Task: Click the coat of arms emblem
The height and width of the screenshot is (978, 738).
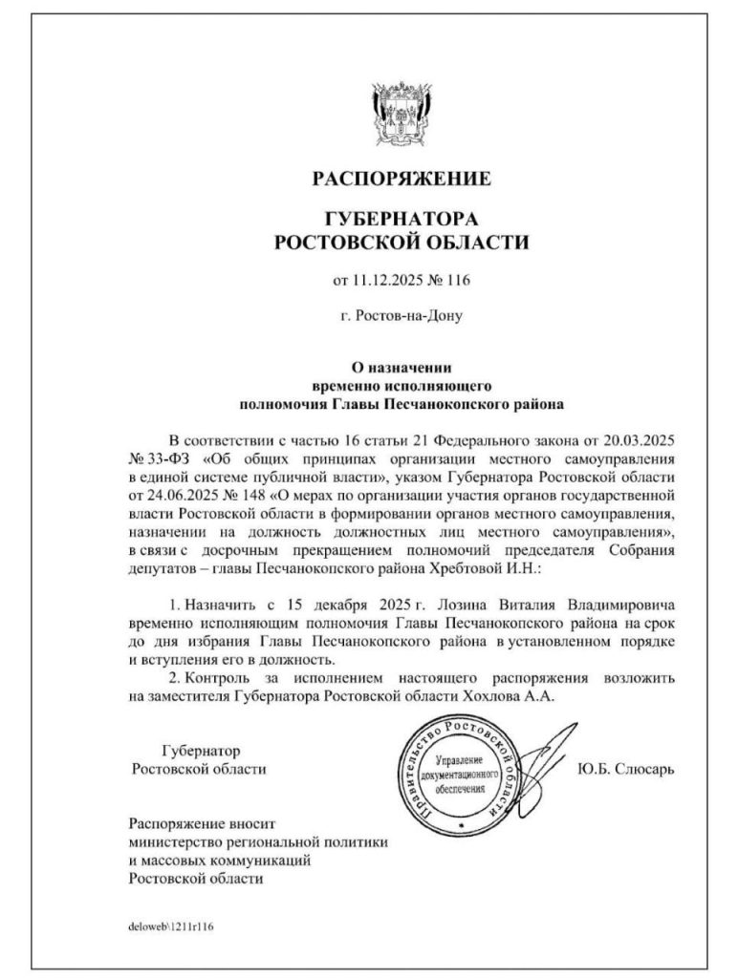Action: pyautogui.click(x=402, y=116)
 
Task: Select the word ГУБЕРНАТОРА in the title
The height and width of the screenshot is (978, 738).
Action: pyautogui.click(x=402, y=220)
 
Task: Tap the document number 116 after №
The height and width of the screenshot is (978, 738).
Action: pyautogui.click(x=458, y=280)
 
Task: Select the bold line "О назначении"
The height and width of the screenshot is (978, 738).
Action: pyautogui.click(x=402, y=367)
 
